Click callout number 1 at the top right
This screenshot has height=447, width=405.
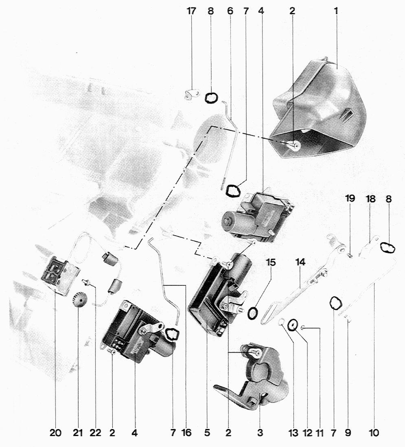[336, 11]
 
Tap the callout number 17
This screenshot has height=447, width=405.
[191, 11]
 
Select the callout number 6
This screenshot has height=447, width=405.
[230, 11]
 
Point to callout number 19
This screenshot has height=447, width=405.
[350, 198]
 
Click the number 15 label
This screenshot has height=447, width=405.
[271, 262]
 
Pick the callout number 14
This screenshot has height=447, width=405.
[300, 262]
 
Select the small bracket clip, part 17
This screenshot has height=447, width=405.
[190, 94]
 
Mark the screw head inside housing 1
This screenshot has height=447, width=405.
[296, 146]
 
